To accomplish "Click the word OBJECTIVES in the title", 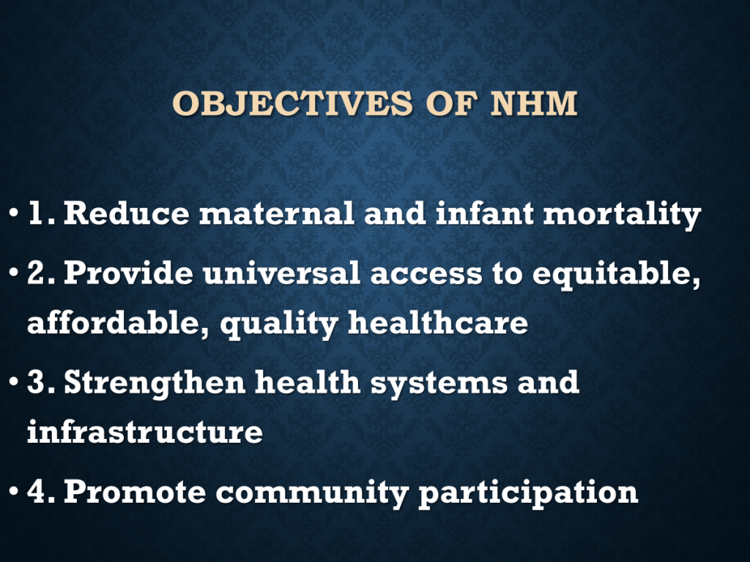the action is (292, 102).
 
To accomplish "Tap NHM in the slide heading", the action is (534, 102).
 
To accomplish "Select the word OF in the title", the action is (451, 102).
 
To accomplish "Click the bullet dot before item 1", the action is (13, 212).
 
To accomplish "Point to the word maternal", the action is (276, 213).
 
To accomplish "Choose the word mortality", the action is (622, 214).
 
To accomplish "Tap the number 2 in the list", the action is (37, 273).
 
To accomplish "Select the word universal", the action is (281, 273).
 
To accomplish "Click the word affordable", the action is (114, 323).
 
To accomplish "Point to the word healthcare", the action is (438, 323).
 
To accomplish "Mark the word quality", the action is (279, 324).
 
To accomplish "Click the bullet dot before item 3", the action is (13, 382).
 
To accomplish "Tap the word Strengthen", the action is (155, 383).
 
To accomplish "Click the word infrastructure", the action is (145, 432).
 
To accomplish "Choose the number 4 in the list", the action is (37, 491).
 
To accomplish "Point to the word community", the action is (312, 493).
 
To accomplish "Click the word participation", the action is (529, 493).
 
